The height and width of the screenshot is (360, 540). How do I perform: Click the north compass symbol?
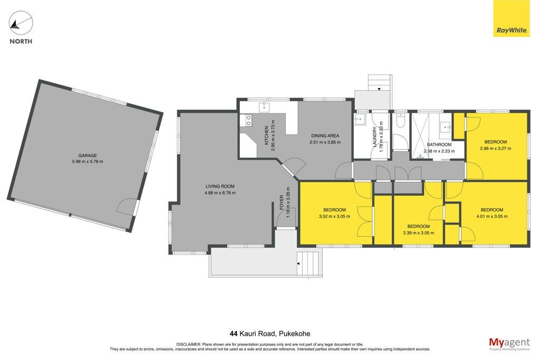(x=21, y=23)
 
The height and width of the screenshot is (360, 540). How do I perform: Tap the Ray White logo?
(x=512, y=18)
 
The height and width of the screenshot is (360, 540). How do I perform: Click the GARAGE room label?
(x=88, y=155)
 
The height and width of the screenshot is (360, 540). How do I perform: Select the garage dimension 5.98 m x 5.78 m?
(x=88, y=161)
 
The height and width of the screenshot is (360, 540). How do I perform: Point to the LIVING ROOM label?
(x=220, y=186)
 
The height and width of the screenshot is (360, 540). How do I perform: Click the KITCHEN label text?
(x=266, y=135)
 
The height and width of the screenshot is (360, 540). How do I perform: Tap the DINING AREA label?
(x=325, y=135)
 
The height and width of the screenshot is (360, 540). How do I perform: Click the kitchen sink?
(x=264, y=106)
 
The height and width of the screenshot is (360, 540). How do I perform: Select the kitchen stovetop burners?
(x=248, y=120)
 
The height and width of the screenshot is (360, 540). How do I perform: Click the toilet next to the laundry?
(x=401, y=121)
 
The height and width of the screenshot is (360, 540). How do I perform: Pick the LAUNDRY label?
(x=375, y=137)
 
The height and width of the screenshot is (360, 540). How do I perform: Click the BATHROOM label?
(x=439, y=144)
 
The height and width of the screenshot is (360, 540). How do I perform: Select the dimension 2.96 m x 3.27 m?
(x=496, y=149)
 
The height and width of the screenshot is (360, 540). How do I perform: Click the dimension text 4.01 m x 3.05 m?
(x=492, y=217)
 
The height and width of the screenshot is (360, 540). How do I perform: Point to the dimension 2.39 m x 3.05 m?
(x=418, y=233)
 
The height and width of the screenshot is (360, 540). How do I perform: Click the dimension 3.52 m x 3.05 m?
(x=334, y=217)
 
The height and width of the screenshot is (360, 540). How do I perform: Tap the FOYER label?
(x=282, y=202)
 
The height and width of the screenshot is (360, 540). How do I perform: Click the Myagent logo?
(x=509, y=344)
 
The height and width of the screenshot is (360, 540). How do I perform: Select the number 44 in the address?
(x=234, y=334)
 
